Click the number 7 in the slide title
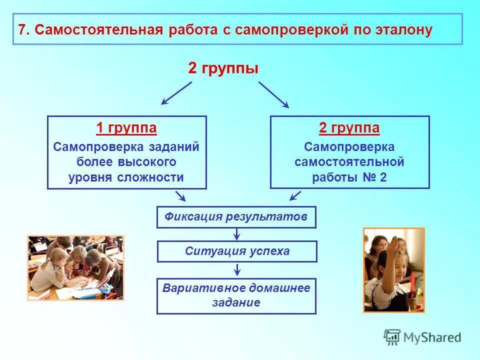[22, 29]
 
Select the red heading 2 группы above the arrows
[223, 68]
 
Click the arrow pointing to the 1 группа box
[176, 93]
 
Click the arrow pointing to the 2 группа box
[273, 94]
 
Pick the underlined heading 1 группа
[126, 128]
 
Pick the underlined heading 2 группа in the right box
[349, 128]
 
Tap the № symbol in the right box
[369, 177]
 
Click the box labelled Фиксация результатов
[236, 217]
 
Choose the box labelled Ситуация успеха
[237, 251]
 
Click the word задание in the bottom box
[236, 302]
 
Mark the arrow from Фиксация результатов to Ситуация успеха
[237, 234]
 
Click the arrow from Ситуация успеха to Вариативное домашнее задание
[237, 269]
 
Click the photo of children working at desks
[75, 267]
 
